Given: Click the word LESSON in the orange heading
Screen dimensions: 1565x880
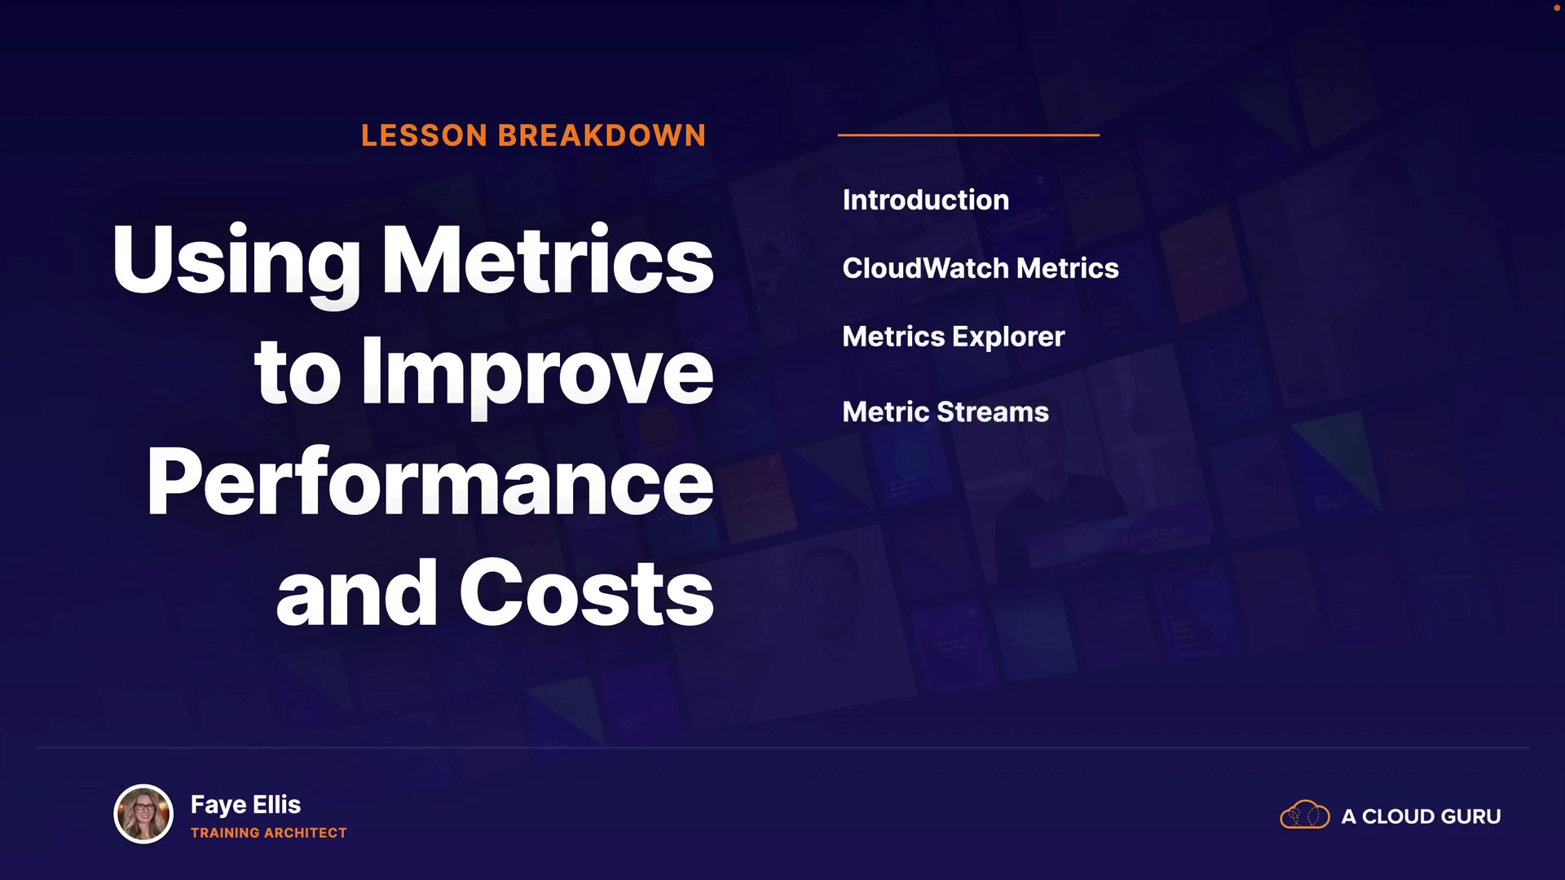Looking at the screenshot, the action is click(x=424, y=135).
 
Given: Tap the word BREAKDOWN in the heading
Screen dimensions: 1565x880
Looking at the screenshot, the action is click(x=602, y=135).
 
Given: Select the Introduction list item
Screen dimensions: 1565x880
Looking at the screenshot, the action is click(x=926, y=200).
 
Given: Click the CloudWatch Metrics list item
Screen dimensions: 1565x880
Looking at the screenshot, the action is click(x=981, y=268).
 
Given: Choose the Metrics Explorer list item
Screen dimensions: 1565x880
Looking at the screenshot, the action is click(x=954, y=337).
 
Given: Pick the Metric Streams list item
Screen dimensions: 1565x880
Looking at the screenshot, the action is click(x=946, y=411).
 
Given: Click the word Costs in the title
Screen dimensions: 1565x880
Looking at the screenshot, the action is click(x=587, y=592).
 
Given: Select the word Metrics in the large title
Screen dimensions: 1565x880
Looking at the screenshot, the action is click(x=548, y=258).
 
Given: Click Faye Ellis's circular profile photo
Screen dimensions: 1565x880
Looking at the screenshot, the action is click(x=143, y=813).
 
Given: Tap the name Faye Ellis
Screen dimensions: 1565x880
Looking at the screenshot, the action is click(x=245, y=805).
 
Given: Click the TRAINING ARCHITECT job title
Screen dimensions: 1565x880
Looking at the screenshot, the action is click(x=269, y=833).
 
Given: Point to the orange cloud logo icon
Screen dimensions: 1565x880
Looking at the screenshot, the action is click(x=1305, y=815).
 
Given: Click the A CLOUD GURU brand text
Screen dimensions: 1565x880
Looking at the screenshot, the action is click(x=1421, y=816).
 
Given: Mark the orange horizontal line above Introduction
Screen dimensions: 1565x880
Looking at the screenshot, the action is click(x=968, y=134).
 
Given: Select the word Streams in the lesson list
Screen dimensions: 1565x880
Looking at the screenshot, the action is click(x=993, y=411).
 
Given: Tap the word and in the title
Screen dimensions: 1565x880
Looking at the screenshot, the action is click(x=357, y=592).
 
